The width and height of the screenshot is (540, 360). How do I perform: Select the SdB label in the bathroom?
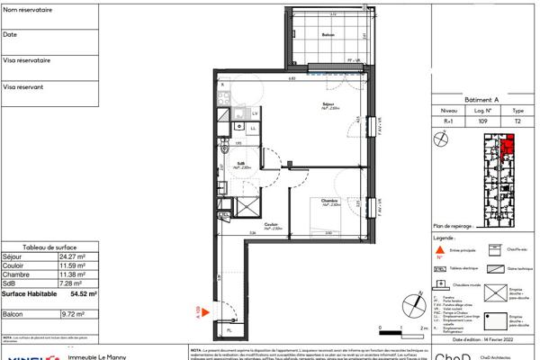241,164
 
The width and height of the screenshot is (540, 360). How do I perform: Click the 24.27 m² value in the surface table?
71,257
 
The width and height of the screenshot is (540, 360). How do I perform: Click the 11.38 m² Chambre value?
71,275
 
